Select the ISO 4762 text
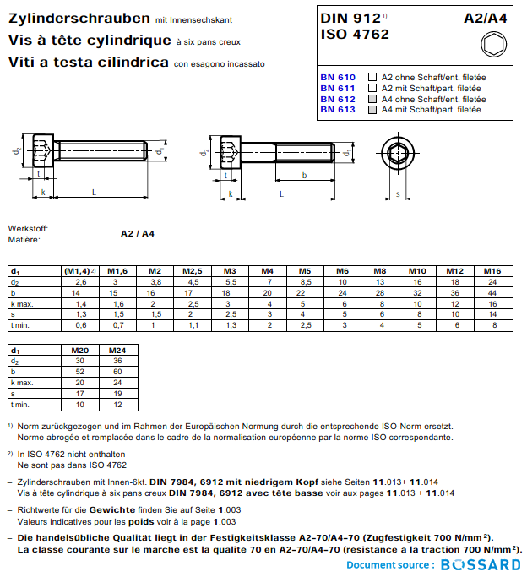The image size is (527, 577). coord(355,35)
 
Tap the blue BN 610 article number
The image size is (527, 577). coord(337,77)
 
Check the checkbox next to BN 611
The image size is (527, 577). coord(372,88)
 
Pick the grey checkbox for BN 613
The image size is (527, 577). coord(372,110)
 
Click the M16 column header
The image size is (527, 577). coord(492,270)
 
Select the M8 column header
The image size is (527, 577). coord(380,270)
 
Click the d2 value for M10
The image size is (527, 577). coord(417,281)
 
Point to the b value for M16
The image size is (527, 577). coord(492,292)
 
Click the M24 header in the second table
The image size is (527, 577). coord(118,349)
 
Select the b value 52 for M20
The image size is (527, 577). coord(81,371)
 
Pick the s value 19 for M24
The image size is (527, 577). coord(118,393)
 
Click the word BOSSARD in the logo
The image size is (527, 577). coord(481,564)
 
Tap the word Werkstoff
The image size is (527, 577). coord(28,229)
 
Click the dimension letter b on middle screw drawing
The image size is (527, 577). coord(304,175)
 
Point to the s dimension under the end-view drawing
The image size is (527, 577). coord(398,193)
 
